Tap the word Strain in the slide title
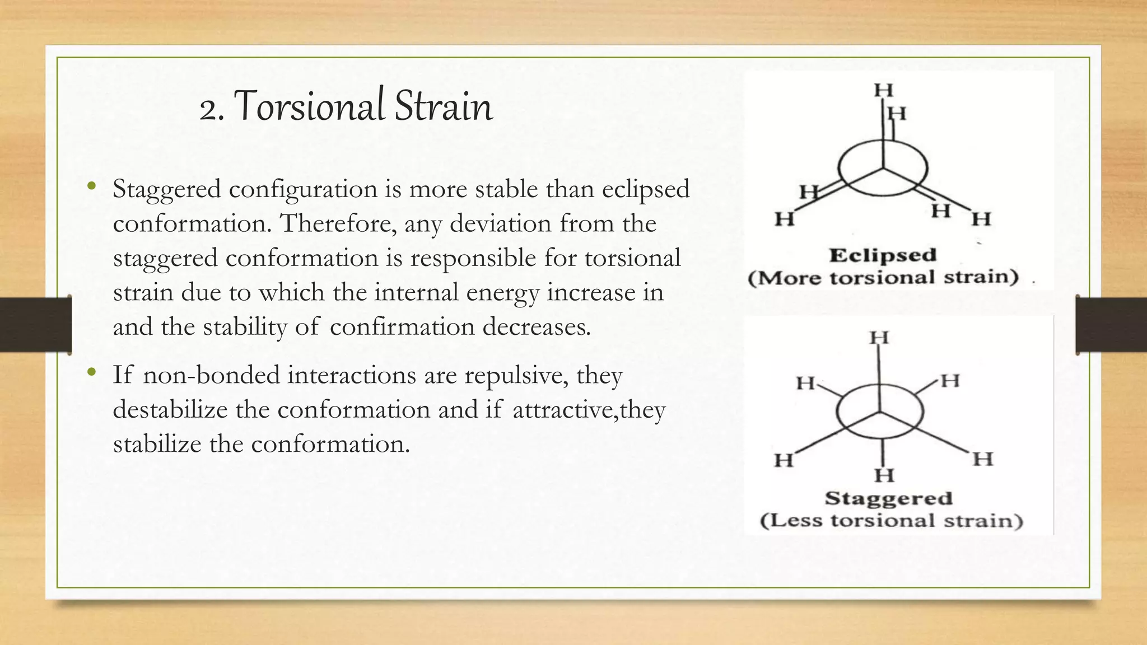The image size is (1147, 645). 444,106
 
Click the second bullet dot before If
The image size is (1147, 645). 92,372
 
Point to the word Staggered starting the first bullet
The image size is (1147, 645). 167,190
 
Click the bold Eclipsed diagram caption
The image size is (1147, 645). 883,255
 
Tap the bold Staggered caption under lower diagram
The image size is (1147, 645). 888,498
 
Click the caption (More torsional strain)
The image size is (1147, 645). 883,278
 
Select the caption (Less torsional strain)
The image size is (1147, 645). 891,521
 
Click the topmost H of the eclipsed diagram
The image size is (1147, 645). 883,90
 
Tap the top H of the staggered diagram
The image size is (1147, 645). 879,338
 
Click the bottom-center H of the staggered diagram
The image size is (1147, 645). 884,475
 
